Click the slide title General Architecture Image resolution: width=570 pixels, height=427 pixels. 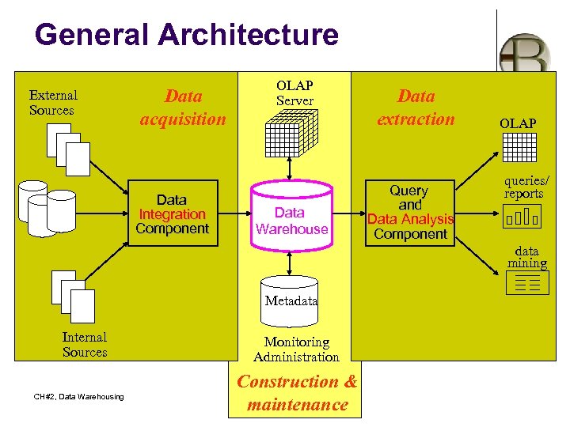187,35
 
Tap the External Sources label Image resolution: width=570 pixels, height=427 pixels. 52,103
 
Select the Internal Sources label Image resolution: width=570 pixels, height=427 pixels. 85,345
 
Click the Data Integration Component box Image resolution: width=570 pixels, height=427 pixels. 172,214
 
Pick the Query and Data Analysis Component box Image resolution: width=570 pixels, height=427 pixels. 409,212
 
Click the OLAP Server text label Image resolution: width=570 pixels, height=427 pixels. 294,93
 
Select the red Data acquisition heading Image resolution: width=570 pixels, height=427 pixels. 183,108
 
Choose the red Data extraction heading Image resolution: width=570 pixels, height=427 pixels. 416,108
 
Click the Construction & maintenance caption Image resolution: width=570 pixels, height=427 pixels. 297,393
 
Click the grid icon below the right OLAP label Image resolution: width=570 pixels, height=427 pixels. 519,147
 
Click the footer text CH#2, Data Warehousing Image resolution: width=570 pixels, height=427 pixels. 78,396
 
